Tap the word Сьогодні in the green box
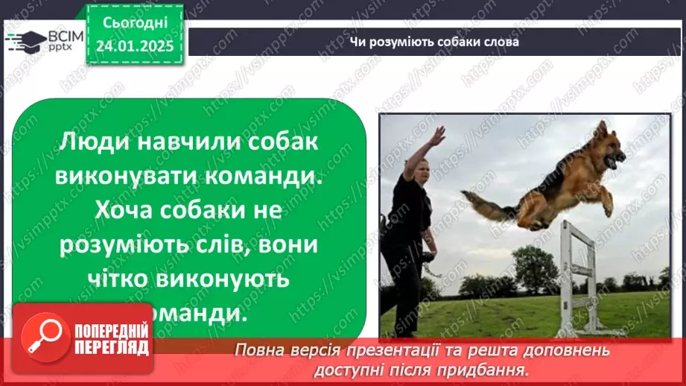134,24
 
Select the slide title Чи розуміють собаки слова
435,42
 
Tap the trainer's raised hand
438,135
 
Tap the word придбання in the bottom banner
491,368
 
